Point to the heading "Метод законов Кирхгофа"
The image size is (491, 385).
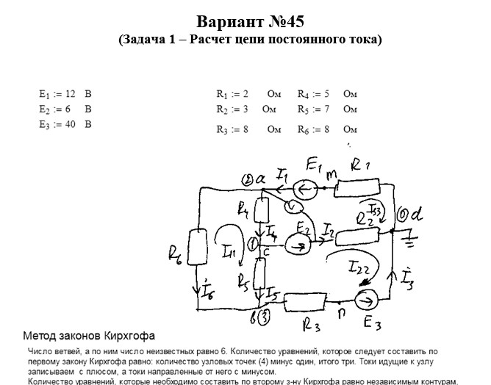[x=89, y=336]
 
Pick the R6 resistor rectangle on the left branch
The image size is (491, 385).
[x=198, y=245]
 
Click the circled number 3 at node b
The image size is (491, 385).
[x=265, y=317]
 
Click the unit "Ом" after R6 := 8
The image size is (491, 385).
[x=350, y=129]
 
